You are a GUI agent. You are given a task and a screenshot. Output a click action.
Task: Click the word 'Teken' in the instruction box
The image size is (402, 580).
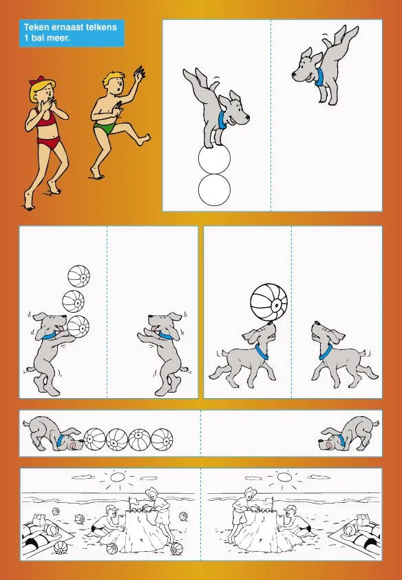tap(35, 27)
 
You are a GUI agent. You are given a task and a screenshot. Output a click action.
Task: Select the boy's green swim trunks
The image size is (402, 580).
tap(105, 129)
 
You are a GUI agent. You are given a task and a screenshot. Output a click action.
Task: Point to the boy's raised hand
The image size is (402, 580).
tap(140, 73)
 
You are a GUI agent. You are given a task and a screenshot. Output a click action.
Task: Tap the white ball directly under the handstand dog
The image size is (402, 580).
tap(214, 158)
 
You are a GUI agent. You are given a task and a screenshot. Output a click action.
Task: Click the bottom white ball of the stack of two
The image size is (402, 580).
tap(214, 189)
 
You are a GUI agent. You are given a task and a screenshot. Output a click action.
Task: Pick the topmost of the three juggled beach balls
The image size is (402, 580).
tap(78, 276)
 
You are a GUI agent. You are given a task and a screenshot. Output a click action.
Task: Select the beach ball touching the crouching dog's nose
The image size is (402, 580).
tap(94, 439)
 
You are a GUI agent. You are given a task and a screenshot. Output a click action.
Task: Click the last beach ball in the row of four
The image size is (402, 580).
tap(162, 439)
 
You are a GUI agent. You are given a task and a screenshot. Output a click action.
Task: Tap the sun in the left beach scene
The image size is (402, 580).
tap(118, 477)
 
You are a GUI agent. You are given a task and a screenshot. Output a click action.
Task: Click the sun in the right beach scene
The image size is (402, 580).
tap(284, 477)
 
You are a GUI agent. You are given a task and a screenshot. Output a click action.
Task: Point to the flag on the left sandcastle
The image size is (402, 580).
tap(133, 499)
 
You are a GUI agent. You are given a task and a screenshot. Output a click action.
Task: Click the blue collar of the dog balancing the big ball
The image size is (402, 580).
tap(262, 351)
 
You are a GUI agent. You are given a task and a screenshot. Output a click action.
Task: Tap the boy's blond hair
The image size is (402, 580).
tap(114, 78)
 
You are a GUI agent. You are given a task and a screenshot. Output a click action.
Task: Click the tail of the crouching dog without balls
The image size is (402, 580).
tap(375, 422)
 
